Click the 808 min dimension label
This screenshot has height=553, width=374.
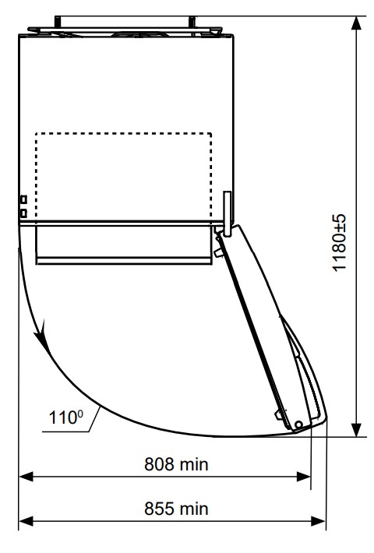click(x=176, y=464)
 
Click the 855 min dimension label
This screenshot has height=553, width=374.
click(x=176, y=509)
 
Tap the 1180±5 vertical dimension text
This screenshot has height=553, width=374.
click(x=340, y=243)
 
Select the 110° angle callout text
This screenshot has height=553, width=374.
click(x=66, y=417)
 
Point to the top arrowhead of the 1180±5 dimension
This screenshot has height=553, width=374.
click(x=356, y=23)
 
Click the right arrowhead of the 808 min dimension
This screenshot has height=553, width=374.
click(x=304, y=477)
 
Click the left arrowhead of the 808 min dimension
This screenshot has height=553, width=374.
click(x=26, y=477)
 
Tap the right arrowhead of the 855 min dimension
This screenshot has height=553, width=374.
click(x=319, y=521)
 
